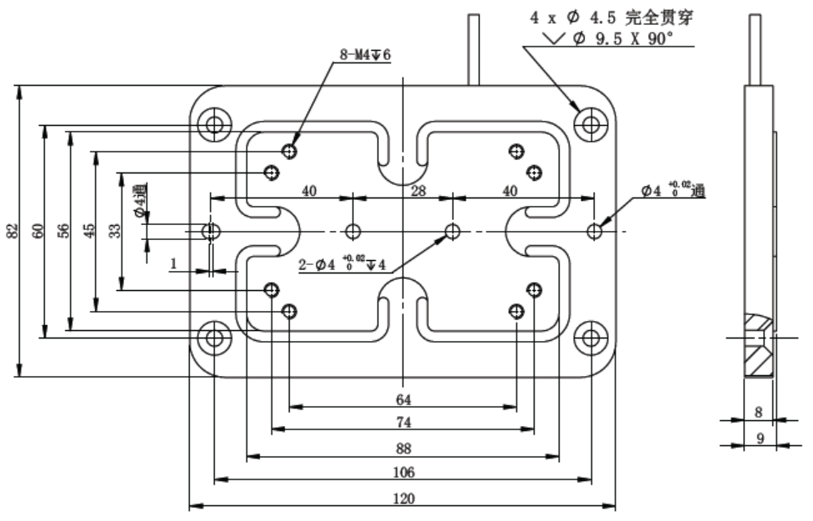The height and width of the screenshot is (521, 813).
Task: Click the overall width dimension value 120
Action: (x=403, y=498)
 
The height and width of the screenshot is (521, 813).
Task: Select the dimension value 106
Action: (x=403, y=473)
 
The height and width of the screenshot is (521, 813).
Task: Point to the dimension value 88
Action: (x=403, y=448)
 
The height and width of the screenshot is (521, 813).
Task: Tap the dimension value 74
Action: (x=403, y=423)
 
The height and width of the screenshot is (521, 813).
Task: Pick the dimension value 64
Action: (x=403, y=398)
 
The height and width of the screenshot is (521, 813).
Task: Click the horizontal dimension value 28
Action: (x=419, y=191)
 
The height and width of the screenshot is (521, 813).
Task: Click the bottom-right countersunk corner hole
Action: (x=591, y=337)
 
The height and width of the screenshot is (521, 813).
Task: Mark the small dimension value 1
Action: (x=173, y=263)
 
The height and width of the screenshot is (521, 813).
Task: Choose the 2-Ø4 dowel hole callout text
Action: (x=343, y=266)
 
